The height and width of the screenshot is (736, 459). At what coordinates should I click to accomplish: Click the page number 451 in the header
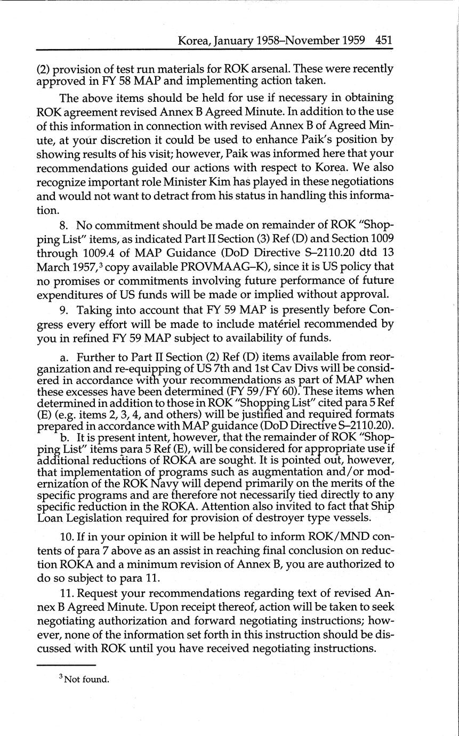tap(384, 40)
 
